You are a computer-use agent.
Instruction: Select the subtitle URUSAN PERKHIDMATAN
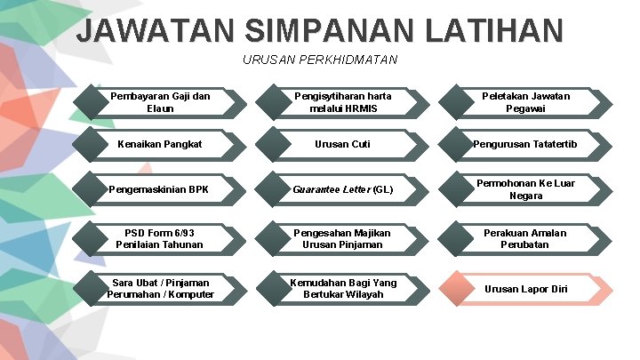click(320, 60)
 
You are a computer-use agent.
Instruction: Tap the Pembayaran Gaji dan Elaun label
click(160, 102)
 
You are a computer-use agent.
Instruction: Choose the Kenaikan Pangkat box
click(160, 144)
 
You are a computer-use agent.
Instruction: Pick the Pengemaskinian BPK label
click(159, 189)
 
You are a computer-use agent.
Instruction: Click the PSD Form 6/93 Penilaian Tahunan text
click(160, 238)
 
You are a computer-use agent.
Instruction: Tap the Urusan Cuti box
click(342, 144)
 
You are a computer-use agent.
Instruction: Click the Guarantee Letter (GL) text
click(343, 189)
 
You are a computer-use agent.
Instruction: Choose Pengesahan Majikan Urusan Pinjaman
click(342, 238)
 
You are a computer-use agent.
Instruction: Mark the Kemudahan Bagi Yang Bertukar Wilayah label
click(342, 288)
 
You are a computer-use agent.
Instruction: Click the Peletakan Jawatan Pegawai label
click(526, 102)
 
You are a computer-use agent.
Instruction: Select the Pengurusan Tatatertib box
click(526, 144)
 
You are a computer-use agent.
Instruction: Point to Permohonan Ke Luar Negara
click(526, 189)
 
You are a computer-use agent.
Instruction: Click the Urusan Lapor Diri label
click(525, 289)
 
